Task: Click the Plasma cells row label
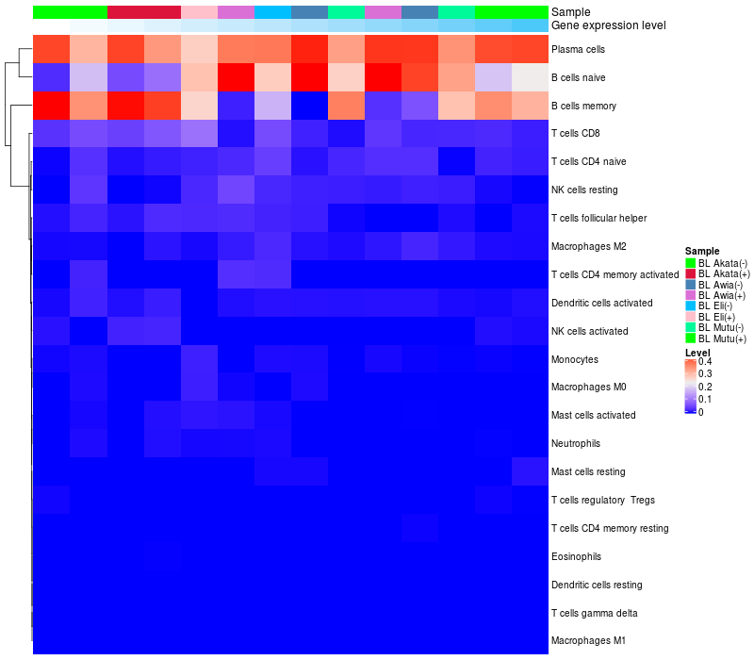point(579,49)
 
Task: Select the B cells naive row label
point(580,77)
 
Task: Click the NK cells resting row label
point(584,190)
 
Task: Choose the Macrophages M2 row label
point(588,247)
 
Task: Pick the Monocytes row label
point(574,360)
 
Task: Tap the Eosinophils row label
point(576,556)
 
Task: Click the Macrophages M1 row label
point(588,641)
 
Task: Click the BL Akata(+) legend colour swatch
point(690,273)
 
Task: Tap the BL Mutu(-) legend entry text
point(722,328)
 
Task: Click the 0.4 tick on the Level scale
point(705,362)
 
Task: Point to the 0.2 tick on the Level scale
point(705,387)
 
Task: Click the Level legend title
point(697,352)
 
